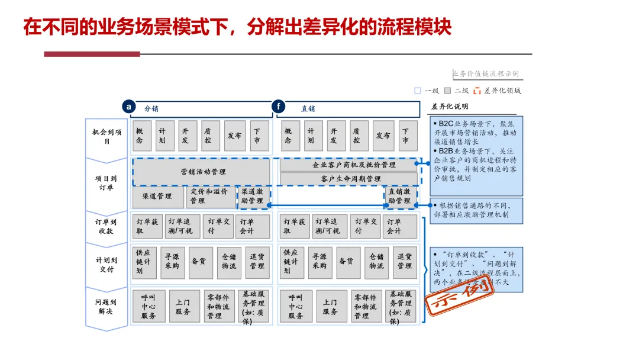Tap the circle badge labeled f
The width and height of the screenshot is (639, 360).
click(278, 107)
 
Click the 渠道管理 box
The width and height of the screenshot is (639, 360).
click(157, 197)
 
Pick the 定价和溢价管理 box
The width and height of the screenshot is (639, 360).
click(211, 197)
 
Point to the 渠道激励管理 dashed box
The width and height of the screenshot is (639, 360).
click(254, 197)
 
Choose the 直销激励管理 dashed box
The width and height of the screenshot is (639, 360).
click(401, 197)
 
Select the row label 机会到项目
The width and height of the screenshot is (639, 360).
click(107, 137)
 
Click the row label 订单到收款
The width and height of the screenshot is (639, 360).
click(107, 227)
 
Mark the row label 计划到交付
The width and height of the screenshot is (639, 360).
click(107, 265)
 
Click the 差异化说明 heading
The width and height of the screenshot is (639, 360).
click(450, 107)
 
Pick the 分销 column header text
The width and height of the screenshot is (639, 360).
click(151, 109)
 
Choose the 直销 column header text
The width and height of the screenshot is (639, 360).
click(308, 109)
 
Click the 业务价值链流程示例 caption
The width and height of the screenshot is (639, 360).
click(485, 74)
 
